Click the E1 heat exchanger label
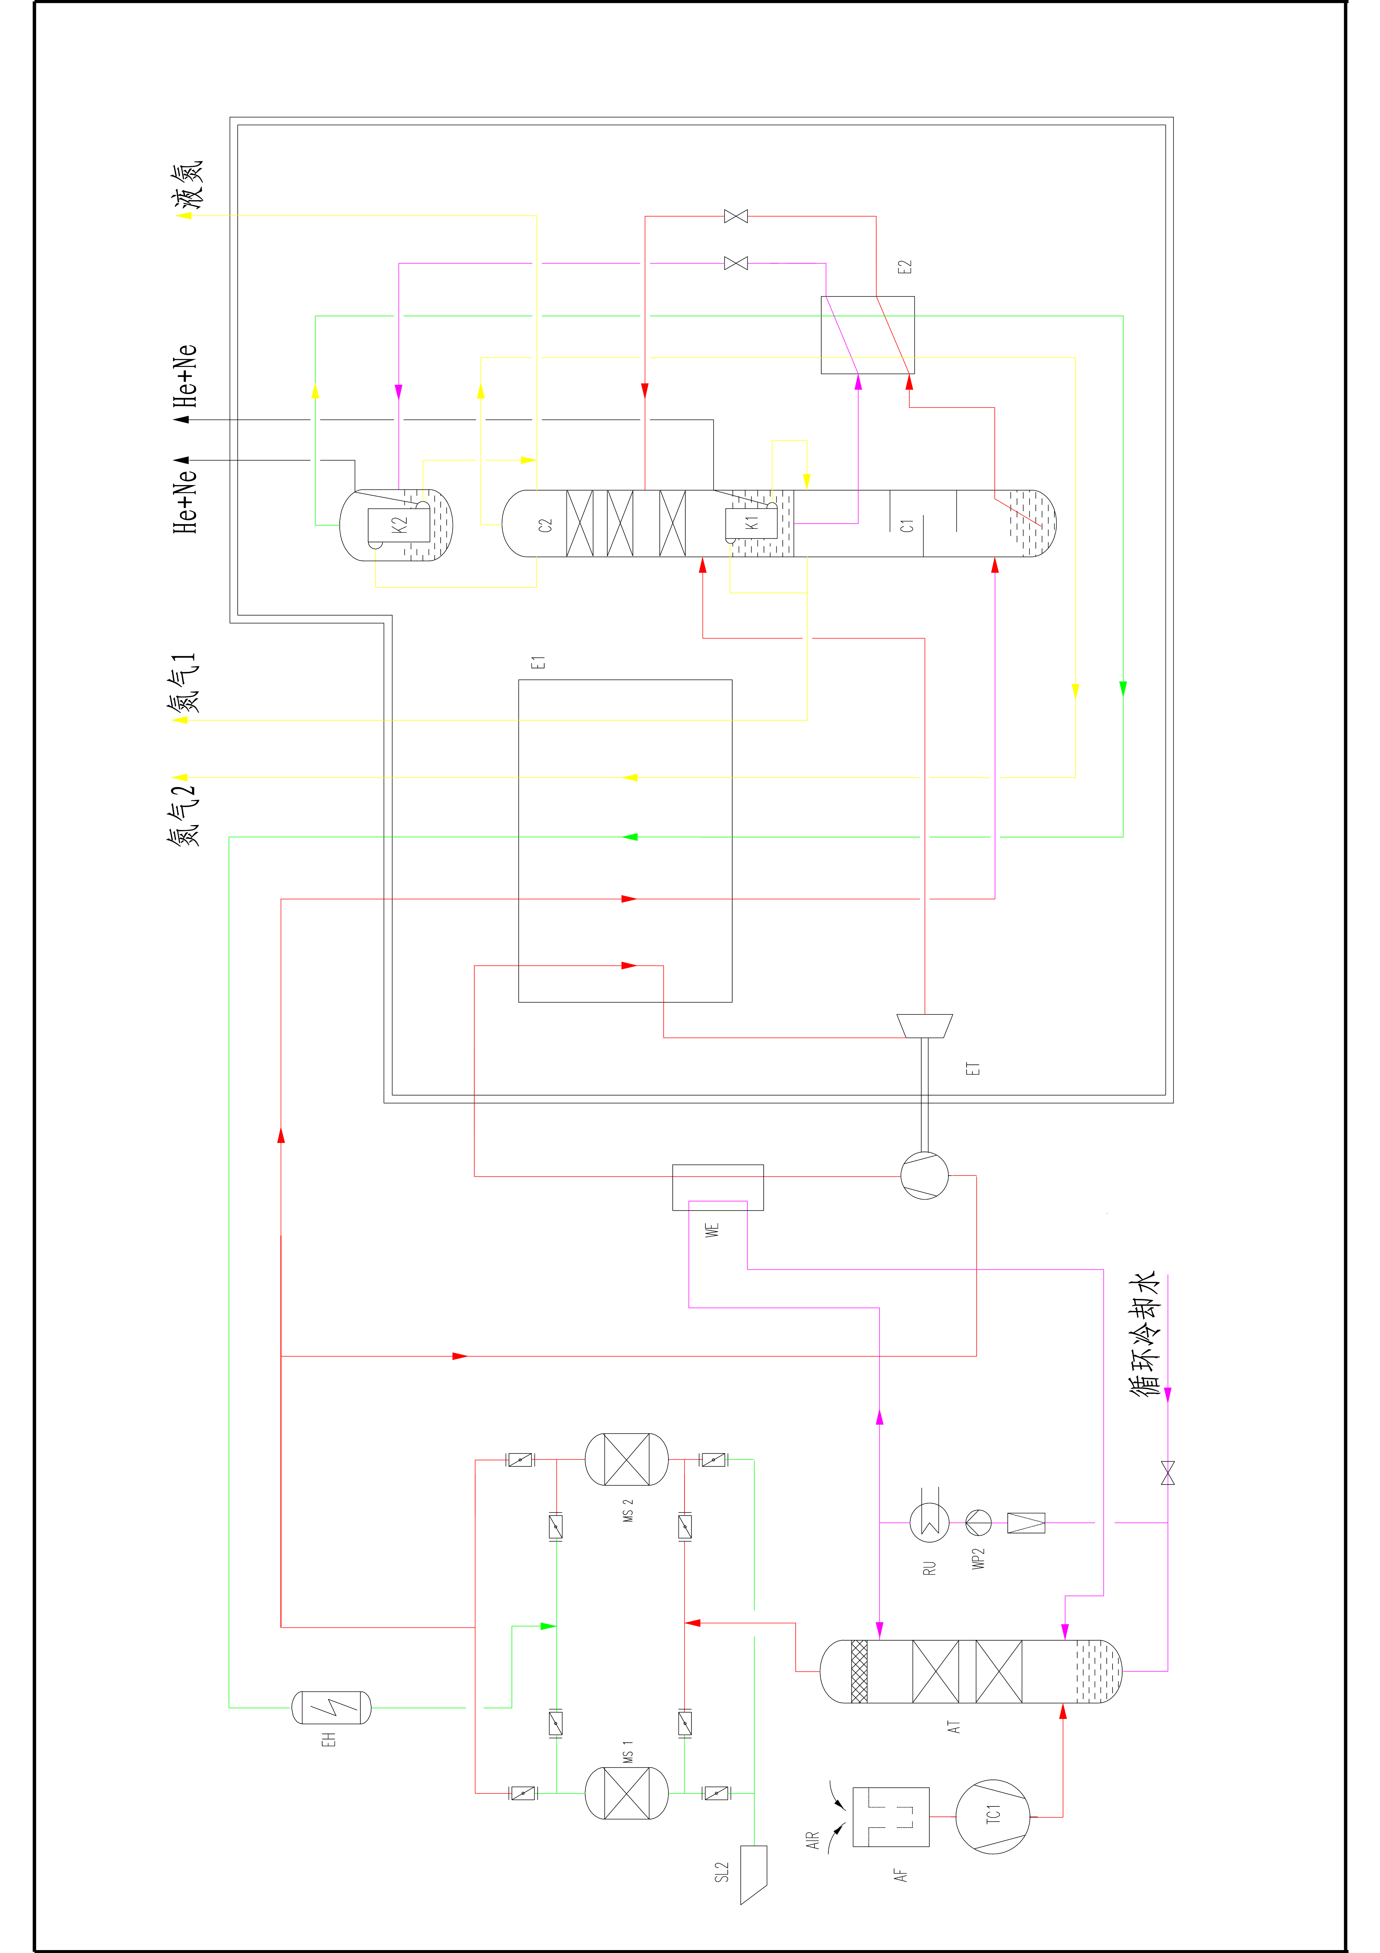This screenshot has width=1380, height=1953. (537, 663)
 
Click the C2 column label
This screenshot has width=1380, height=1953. (545, 525)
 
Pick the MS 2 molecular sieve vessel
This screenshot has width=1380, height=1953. (627, 1460)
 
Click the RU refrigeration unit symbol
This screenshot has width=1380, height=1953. (929, 1523)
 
